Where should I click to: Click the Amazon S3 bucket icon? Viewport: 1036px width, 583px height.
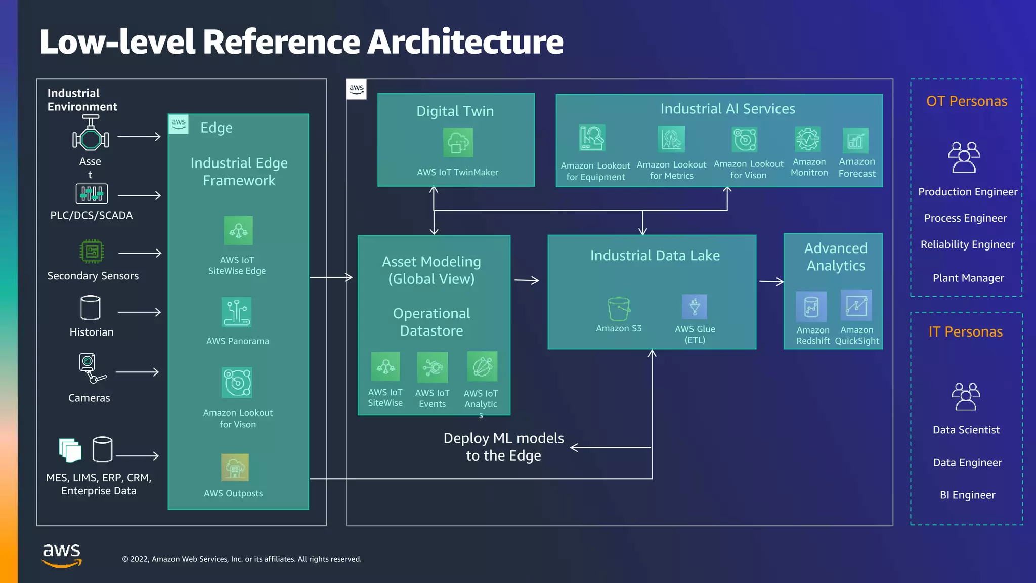pos(619,309)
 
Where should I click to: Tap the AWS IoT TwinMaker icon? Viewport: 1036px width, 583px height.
pos(458,142)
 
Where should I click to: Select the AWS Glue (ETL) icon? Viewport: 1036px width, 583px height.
pos(695,307)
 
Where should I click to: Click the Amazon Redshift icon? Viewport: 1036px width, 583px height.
pos(811,307)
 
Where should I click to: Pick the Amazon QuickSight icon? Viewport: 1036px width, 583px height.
pos(856,305)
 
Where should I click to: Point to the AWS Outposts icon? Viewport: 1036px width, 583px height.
pos(235,468)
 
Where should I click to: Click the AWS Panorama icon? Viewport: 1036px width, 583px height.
pos(236,312)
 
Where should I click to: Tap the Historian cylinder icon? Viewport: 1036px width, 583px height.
pos(91,308)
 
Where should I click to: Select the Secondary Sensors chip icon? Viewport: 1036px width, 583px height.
pos(92,251)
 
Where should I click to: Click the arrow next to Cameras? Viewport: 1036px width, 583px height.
pos(138,372)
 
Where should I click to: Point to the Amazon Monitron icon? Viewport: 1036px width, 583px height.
pos(808,139)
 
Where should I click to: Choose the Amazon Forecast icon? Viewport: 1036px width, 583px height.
pos(855,141)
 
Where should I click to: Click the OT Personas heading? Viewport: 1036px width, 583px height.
pos(967,101)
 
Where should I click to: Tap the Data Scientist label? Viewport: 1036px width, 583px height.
pos(966,430)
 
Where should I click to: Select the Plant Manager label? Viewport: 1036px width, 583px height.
pos(968,278)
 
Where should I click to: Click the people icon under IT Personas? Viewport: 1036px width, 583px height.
pos(966,397)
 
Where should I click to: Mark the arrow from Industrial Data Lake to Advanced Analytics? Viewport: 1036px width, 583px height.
pos(771,281)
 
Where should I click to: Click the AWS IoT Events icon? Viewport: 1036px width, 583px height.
pos(433,367)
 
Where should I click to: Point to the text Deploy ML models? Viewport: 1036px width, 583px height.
pos(503,438)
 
